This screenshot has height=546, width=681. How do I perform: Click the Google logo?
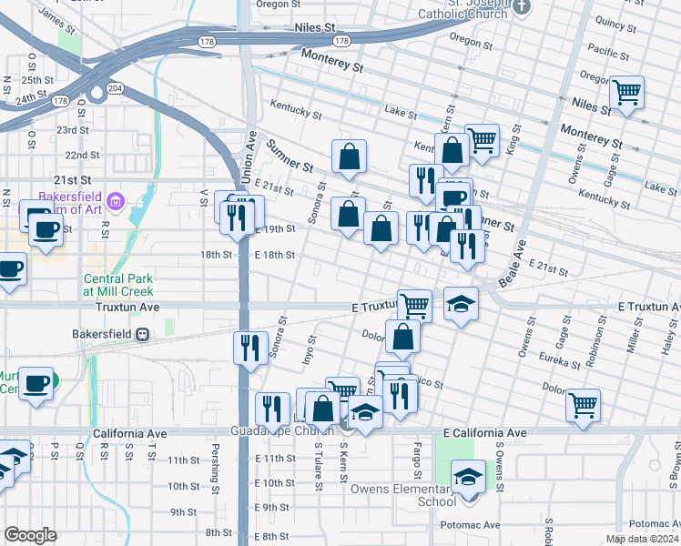pos(31,535)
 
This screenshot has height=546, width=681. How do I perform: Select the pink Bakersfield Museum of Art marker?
pos(115,200)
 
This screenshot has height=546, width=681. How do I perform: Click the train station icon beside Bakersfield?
pos(142,334)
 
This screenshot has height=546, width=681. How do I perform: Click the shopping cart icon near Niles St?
pos(626,92)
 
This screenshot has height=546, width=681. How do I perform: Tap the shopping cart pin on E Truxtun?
pos(414,305)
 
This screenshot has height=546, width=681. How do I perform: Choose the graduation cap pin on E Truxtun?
pos(462,304)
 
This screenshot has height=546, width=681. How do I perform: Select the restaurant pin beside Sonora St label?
pos(249,348)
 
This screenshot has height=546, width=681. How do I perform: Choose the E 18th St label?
pos(274,255)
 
